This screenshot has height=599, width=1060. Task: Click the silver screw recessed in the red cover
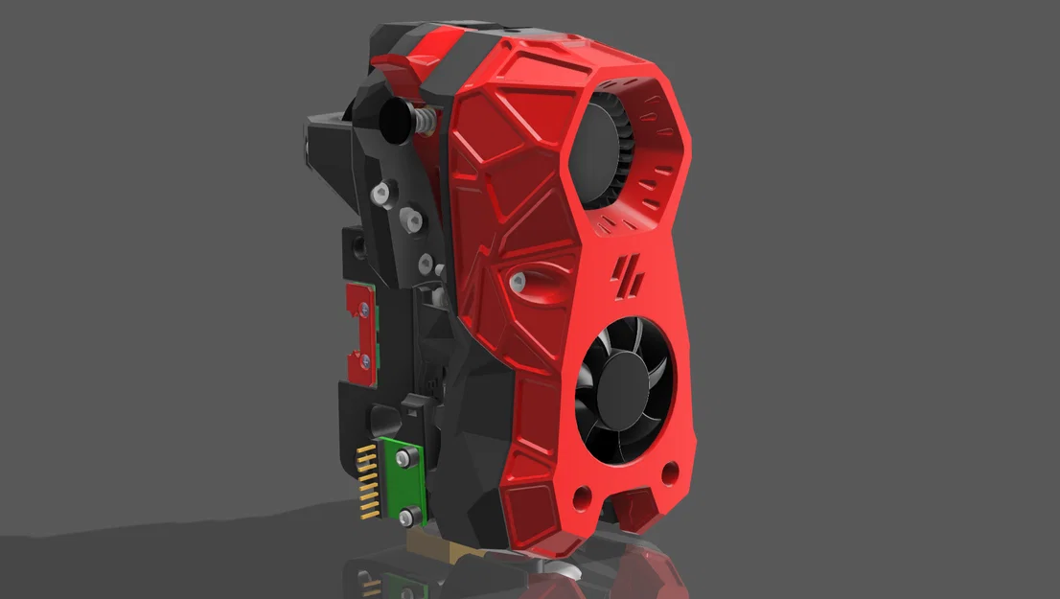pos(518,281)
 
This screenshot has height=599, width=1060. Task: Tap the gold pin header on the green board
pos(366,479)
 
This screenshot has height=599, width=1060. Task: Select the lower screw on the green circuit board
pos(406,518)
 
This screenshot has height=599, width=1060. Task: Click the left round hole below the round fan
pos(581,496)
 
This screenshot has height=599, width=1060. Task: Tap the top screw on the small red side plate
pos(363,309)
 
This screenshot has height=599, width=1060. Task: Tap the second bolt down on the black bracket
pos(413,219)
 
